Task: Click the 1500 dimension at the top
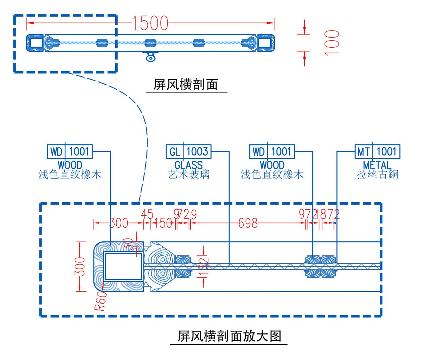coord(150,23)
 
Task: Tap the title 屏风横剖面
coord(186,84)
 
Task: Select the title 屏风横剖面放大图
coord(229,336)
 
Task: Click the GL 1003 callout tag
coord(189,152)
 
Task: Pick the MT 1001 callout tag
coord(377,152)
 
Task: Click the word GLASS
coord(189,165)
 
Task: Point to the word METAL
coord(377,165)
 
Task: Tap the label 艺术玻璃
coord(189,174)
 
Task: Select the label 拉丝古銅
coord(377,174)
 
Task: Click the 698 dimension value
coord(248,223)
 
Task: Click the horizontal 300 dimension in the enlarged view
coord(119,223)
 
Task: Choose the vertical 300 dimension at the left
coord(81,266)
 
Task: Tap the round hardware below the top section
coord(150,58)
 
